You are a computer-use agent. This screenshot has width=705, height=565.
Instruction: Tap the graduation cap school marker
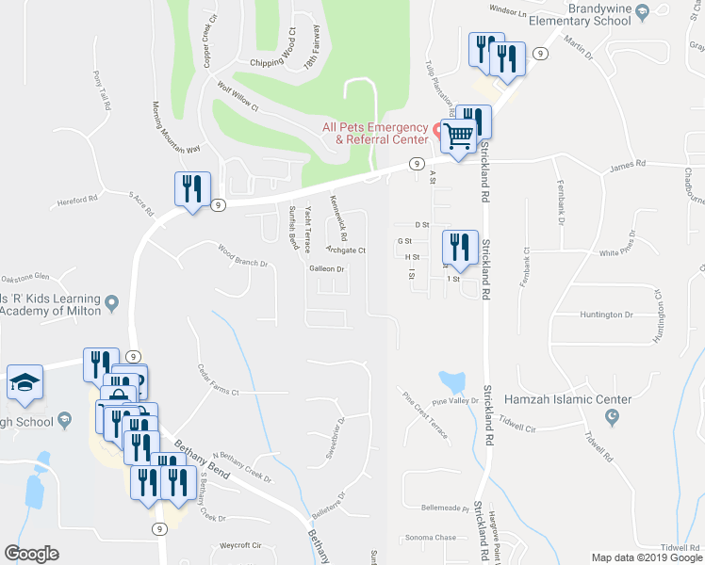25,381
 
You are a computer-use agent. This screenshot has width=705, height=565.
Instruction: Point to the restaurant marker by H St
459,247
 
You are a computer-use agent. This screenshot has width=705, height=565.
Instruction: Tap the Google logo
31,554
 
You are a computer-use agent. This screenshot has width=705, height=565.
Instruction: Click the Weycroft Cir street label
239,544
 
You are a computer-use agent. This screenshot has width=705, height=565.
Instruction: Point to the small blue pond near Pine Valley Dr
452,381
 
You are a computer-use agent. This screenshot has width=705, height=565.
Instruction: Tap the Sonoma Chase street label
432,538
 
